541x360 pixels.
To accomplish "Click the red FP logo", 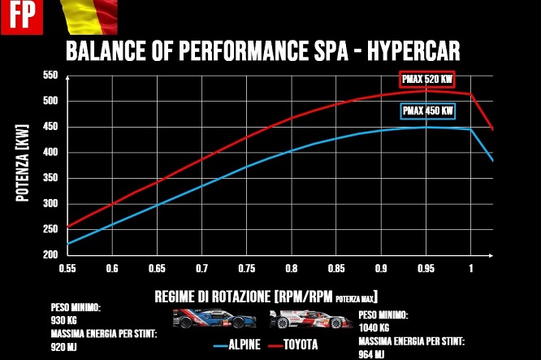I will [x=15, y=16].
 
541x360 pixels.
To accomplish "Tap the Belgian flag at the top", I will [x=89, y=14].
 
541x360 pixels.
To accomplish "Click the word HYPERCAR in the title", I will [x=413, y=52].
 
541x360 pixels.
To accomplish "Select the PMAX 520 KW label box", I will [x=426, y=80].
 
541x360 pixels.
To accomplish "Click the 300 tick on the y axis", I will [x=50, y=204].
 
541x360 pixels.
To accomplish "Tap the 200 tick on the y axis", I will [x=50, y=255].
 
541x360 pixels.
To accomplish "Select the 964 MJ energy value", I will [x=371, y=354].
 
